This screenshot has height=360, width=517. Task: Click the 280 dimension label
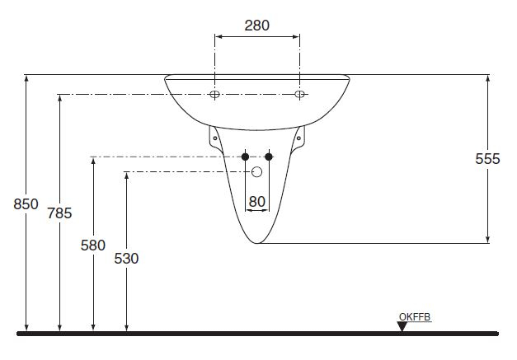[257, 26]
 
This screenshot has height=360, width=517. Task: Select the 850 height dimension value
[26, 204]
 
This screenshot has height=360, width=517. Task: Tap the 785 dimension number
[59, 213]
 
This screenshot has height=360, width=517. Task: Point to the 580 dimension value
[93, 245]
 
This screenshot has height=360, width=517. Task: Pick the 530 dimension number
[126, 259]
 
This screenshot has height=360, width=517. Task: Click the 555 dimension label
[487, 159]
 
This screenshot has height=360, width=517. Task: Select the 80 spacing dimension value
[257, 202]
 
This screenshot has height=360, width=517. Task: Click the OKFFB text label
[415, 317]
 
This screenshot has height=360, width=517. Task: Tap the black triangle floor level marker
[402, 326]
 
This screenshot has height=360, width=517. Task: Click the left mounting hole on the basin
[214, 95]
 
